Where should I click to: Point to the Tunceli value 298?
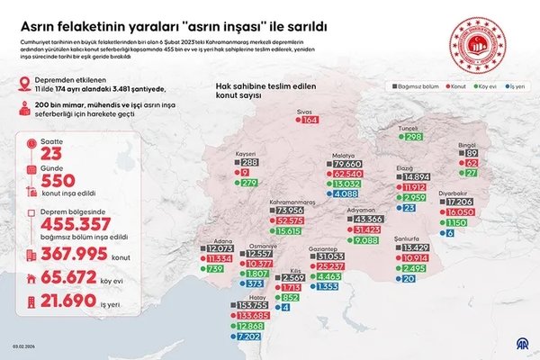tap(413, 137)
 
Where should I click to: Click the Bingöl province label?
tap(466, 145)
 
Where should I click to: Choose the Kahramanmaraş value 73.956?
tap(291, 210)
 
